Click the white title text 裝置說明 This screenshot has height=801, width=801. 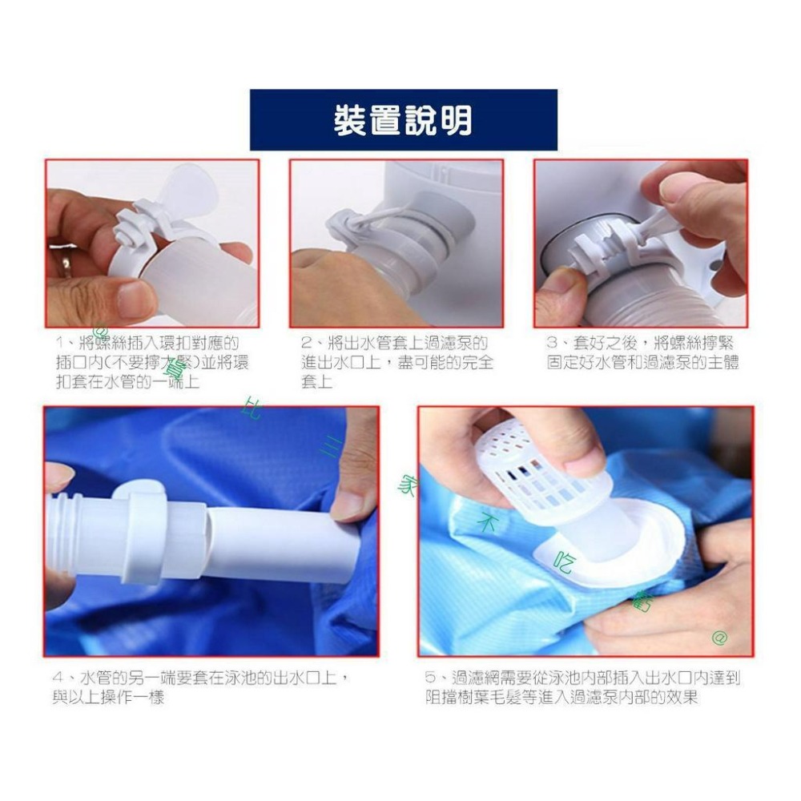(x=403, y=120)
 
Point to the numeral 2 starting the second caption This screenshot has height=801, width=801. (x=306, y=343)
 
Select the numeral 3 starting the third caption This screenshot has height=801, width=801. (x=551, y=343)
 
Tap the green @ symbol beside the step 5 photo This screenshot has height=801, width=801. (x=719, y=638)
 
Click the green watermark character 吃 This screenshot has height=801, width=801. (x=563, y=565)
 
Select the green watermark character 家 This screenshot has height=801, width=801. (x=407, y=485)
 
